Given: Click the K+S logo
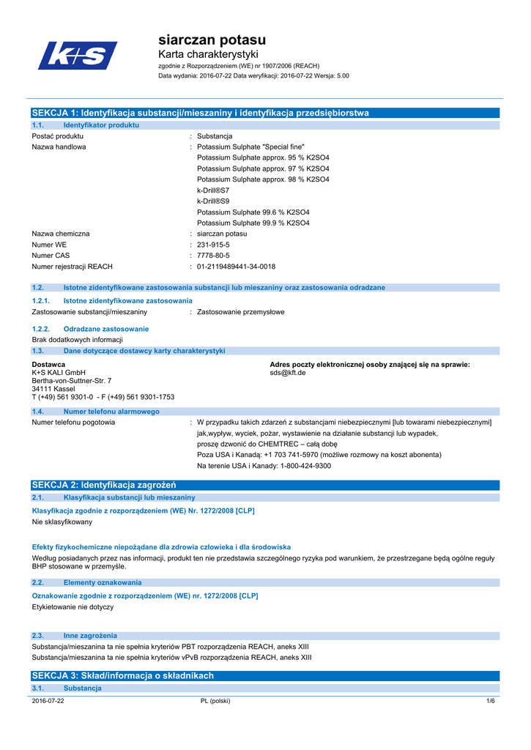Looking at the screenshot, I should pos(78,56).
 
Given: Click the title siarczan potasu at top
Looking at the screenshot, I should pos(212,40).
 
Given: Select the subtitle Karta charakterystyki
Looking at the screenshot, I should pos(208,55).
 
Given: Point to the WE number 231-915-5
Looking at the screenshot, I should pos(213,245).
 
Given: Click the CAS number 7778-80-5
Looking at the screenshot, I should pos(213,256).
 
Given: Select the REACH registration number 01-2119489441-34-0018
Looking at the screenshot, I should pos(236,267).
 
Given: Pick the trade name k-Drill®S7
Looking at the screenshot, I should pos(213,190).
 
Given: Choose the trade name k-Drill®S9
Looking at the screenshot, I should pos(213,201).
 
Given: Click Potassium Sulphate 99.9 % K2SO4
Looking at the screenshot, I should pos(253,223).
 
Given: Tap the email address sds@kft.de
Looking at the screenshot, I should pos(288,373).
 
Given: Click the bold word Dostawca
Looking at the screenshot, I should pos(49,365).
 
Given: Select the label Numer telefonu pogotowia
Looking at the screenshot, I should pos(73,422).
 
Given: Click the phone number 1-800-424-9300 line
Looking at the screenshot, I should pos(264,466).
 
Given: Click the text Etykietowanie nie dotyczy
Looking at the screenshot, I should pos(73,607).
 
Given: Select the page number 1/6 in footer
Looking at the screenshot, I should pos(491,701).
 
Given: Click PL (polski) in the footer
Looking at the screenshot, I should pos(215,701).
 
